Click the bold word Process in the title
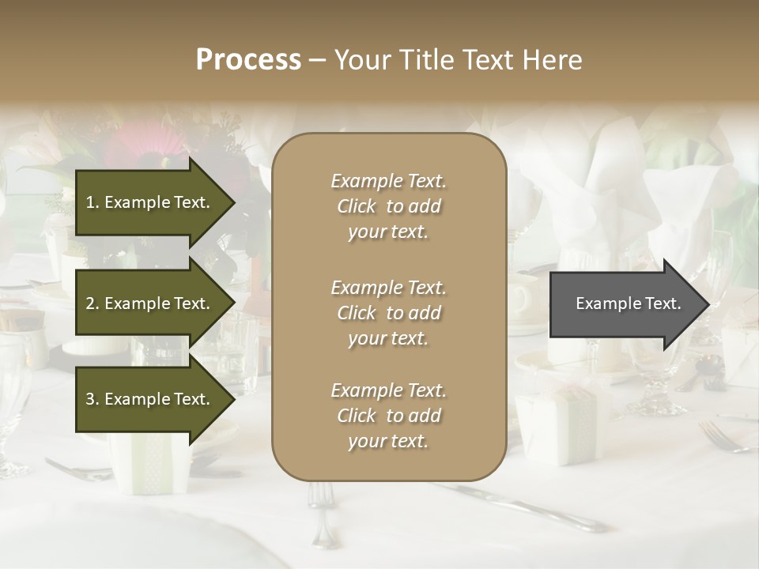[248, 60]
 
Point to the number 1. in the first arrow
[93, 203]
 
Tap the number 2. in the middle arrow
[93, 303]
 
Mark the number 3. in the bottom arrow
[93, 400]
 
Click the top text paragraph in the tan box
[388, 206]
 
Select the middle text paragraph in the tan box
[388, 313]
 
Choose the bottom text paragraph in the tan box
[388, 416]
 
